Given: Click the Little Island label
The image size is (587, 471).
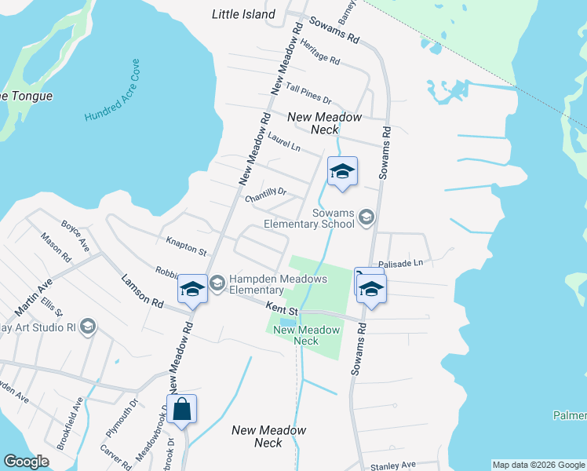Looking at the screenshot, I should tap(244, 14).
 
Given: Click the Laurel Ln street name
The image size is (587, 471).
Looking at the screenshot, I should tap(283, 141).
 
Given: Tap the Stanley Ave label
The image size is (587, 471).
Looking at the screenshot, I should tap(392, 465).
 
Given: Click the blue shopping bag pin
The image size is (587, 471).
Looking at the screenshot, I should tap(181, 410).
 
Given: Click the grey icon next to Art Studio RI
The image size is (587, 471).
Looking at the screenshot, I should tap(88, 326).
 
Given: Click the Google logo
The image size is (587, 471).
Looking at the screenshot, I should tap(26, 462).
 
